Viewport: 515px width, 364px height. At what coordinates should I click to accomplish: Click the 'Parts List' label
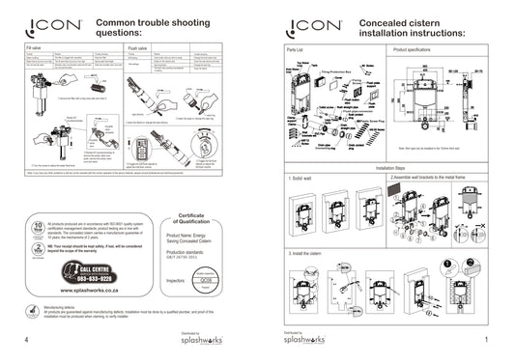297,46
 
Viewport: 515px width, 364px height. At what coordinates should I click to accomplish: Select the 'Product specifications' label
416,46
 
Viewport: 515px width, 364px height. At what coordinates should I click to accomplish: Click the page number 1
486,340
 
